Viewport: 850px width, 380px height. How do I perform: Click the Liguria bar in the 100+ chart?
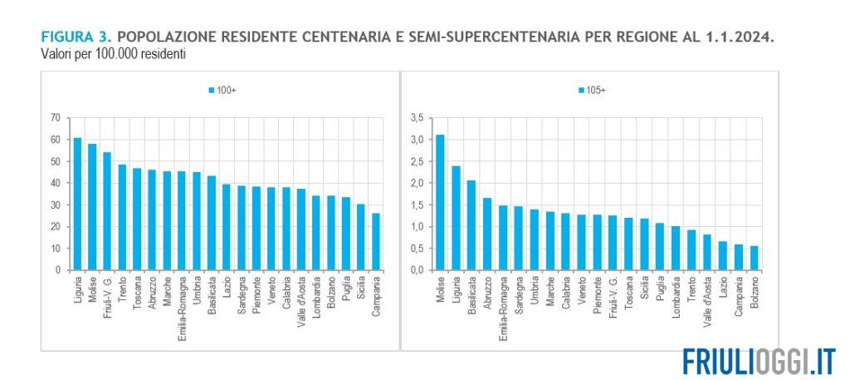tap(77, 204)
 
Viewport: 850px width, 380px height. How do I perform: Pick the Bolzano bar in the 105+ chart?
tap(754, 258)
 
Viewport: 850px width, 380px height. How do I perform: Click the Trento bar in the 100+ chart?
tap(122, 217)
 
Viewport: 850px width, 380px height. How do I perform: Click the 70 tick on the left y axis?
tap(55, 118)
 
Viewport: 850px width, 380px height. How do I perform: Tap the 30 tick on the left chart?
tap(55, 205)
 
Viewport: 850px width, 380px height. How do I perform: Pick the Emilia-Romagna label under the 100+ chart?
tap(182, 303)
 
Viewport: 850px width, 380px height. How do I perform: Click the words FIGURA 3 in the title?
tap(76, 38)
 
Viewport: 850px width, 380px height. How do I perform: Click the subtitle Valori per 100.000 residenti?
tap(113, 54)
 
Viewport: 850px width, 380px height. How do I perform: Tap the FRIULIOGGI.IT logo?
tap(759, 361)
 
